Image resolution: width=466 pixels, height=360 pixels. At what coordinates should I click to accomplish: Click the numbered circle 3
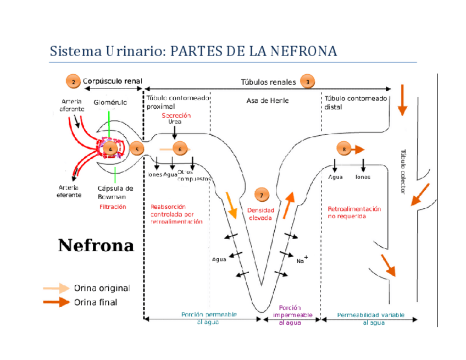coord(307,82)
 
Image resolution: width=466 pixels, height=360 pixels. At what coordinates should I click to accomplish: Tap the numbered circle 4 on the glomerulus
coord(110,148)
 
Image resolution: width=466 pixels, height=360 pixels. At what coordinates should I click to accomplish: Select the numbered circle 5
coord(137,148)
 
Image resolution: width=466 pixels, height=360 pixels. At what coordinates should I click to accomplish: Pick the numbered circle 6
coord(180,148)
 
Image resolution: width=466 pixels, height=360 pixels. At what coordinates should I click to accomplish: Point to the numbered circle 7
coord(262,195)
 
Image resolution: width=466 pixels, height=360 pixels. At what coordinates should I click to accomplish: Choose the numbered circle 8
coord(344,149)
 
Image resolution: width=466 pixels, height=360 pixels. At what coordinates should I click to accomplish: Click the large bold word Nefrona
coord(96,245)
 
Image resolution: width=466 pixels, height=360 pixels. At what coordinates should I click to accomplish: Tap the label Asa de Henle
coord(267,101)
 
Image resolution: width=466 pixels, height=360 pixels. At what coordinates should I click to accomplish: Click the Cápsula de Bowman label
coord(115,192)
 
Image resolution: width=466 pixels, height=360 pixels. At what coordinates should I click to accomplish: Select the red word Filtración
coord(113,207)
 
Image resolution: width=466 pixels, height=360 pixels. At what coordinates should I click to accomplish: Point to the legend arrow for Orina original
coord(57,288)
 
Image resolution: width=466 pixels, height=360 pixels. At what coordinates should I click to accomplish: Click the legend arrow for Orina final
coord(57,302)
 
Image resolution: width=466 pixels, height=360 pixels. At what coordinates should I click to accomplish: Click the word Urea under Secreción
coord(175,122)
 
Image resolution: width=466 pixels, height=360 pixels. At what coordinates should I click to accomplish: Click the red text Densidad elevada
coord(260,214)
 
